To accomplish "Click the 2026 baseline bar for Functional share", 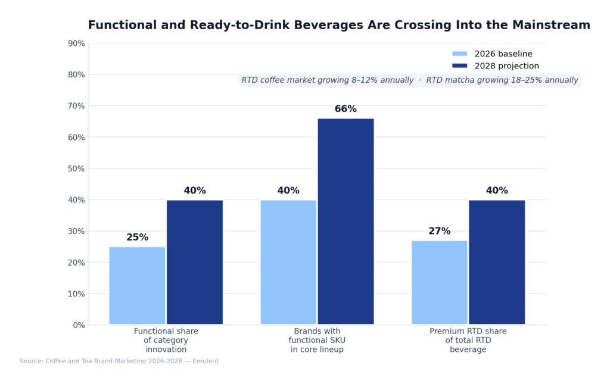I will tap(137, 286).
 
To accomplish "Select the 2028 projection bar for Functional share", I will tap(195, 262).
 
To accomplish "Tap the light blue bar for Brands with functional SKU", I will tap(288, 262).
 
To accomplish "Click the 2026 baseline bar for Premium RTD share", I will tap(440, 283).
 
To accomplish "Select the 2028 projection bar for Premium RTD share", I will tap(497, 262).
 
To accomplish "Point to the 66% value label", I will tap(346, 109).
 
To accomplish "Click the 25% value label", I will tap(137, 238).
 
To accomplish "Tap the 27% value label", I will tap(440, 231).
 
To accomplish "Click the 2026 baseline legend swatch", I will tap(460, 54).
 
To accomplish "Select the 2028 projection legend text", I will tap(506, 66).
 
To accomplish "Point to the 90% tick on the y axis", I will tap(76, 43).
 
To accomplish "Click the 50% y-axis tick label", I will tap(76, 168).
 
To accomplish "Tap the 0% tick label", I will tap(79, 325).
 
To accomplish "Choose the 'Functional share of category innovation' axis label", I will tap(166, 341).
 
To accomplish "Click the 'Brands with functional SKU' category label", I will tap(317, 341).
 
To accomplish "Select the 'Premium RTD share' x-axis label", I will tap(468, 341).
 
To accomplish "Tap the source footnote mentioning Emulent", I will tap(119, 361).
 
